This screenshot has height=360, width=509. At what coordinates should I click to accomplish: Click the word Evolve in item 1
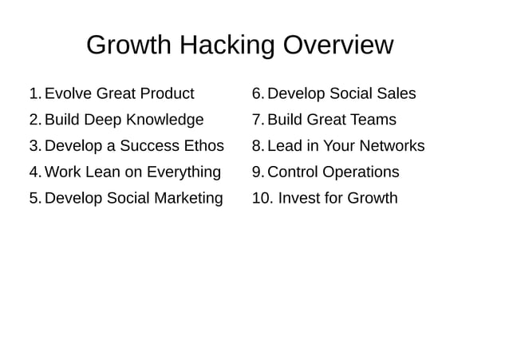click(68, 94)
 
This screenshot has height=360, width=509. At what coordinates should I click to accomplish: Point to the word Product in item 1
click(165, 94)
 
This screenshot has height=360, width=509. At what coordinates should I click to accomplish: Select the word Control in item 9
click(293, 172)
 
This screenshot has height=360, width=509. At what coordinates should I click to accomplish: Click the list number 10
click(262, 198)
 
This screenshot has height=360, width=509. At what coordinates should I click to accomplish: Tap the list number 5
click(34, 199)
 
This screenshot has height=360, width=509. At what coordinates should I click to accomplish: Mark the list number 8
click(257, 146)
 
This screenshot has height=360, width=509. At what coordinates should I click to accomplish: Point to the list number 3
click(34, 146)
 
